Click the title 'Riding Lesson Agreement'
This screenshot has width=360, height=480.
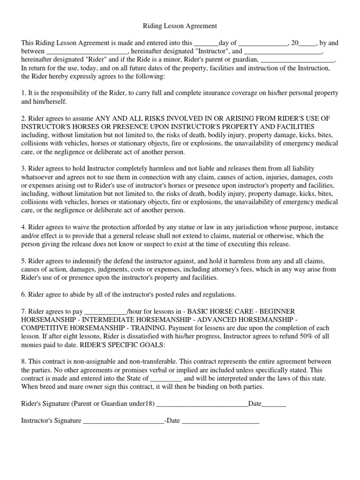pyautogui.click(x=180, y=27)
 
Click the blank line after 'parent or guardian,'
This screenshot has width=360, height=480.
pyautogui.click(x=297, y=60)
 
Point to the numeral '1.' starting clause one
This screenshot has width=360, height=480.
pyautogui.click(x=24, y=93)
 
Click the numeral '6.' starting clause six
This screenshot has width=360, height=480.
pyautogui.click(x=24, y=294)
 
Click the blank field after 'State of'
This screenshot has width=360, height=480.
pyautogui.click(x=166, y=379)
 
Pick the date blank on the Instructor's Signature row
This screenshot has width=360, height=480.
pyautogui.click(x=220, y=421)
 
